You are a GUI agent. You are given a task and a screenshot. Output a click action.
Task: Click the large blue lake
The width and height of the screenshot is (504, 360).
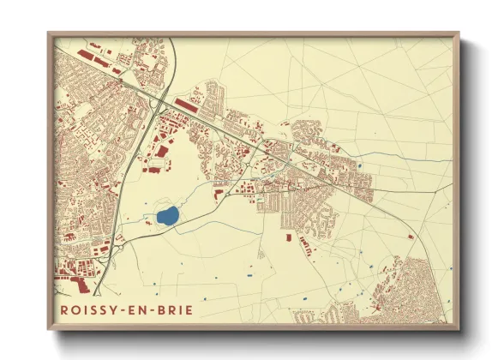click(x=166, y=215)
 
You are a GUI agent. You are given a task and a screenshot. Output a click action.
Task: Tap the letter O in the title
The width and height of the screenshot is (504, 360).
click(x=75, y=309)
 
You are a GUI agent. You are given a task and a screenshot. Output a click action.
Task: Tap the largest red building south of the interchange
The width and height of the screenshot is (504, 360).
click(x=160, y=152)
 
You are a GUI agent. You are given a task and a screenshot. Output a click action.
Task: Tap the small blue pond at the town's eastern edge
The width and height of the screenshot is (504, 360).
click(x=360, y=166)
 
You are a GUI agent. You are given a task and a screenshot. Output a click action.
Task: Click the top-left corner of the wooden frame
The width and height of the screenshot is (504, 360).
click(x=48, y=33)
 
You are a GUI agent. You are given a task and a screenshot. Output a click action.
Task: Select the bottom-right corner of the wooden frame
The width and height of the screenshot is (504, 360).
click(x=459, y=330)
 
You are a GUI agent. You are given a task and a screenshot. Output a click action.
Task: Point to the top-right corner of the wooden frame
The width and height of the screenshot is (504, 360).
click(x=459, y=33)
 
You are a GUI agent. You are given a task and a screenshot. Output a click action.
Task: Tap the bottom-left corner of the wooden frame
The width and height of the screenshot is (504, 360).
click(x=48, y=330)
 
